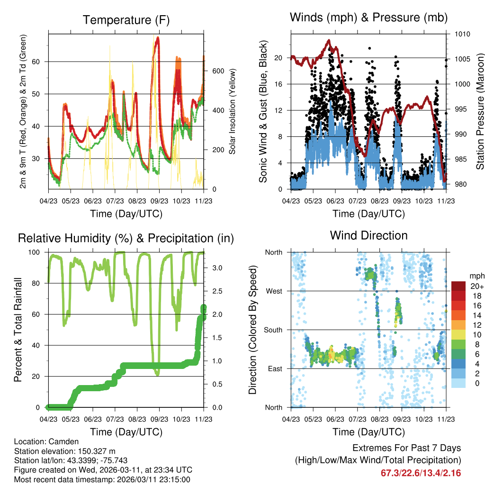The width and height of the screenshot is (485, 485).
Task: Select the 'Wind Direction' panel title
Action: [x=368, y=235]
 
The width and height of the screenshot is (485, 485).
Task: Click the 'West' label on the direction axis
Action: [x=274, y=291]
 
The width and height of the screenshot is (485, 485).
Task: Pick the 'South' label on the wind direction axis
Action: [x=273, y=330]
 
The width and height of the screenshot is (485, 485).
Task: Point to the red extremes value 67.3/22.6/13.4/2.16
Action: [x=421, y=473]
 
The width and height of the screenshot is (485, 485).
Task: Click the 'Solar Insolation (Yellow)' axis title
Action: [x=233, y=112]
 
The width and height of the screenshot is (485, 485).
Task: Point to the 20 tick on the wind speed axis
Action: [x=278, y=58]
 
